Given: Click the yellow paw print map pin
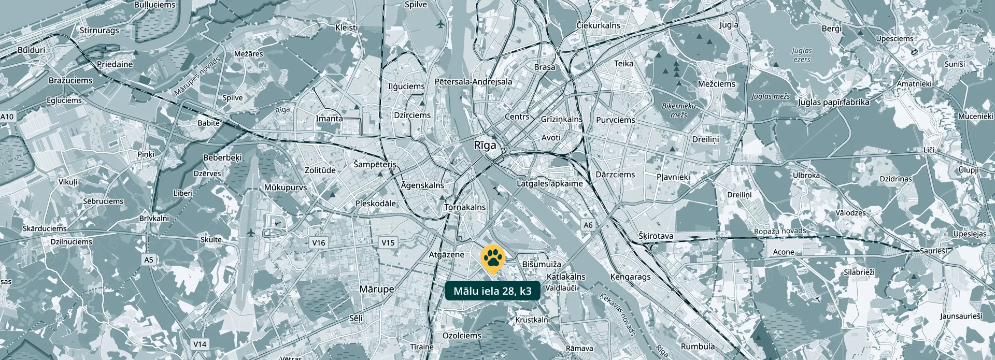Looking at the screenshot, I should pos(493,258).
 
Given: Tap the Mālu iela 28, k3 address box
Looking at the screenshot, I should pos(492,291).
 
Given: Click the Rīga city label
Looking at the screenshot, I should pos(485,145).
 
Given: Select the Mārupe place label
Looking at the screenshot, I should pos(377,289).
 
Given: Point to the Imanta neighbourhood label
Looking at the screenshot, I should pos(329,118).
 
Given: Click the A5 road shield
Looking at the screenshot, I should pos(149,260).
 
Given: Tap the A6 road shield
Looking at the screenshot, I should pos(588,225).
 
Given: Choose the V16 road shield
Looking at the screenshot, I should pos(319,242).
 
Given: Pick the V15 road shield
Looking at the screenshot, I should pos(388,242).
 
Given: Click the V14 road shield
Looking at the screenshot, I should pos(200,344).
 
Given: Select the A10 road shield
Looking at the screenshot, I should pos(7,117).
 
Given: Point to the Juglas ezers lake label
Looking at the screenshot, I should pos(802,54).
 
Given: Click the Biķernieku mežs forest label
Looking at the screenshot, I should pos(679,110).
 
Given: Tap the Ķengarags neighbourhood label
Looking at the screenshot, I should pos(630,277).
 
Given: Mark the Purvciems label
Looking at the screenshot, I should pos(615,120).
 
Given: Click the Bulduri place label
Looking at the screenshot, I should pos(31,50).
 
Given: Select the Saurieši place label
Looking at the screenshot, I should pos(933,251).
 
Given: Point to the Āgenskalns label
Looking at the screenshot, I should pos(422,185).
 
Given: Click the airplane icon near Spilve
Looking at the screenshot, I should pos(441,24).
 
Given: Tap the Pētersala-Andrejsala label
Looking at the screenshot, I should pos(473,81).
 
